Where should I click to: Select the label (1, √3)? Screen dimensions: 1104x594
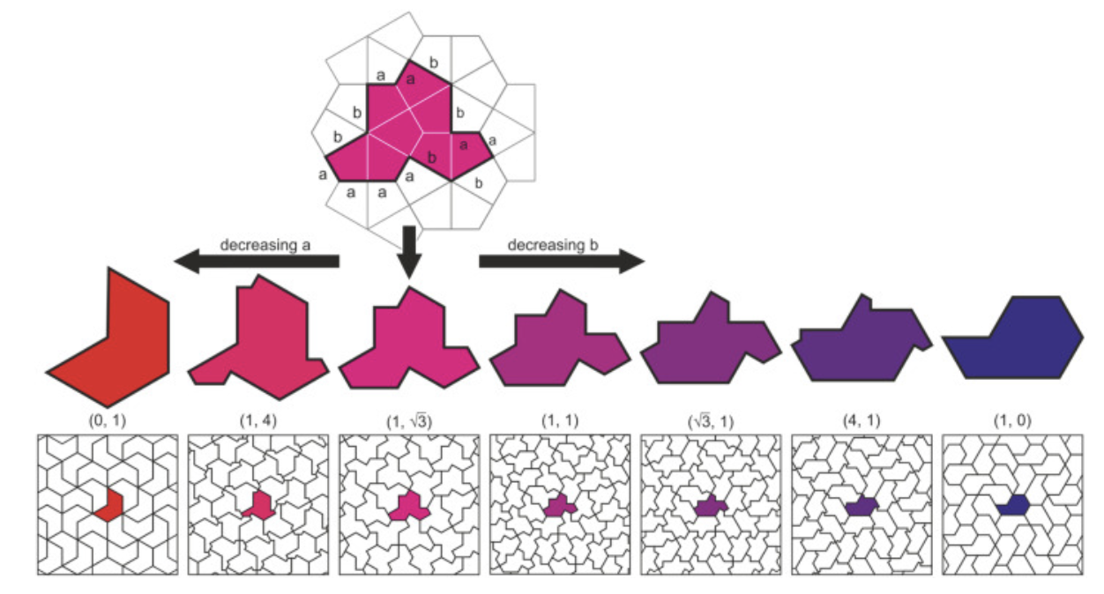[408, 421]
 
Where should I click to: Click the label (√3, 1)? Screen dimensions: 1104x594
[710, 421]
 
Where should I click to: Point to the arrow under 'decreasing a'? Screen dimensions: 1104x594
[257, 261]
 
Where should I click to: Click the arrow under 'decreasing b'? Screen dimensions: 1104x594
[562, 261]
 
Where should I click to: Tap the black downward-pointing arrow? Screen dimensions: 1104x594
[409, 252]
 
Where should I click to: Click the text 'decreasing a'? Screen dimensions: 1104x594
[265, 245]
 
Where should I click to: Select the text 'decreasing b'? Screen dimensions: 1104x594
[553, 245]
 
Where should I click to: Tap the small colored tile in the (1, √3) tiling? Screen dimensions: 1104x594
[409, 508]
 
